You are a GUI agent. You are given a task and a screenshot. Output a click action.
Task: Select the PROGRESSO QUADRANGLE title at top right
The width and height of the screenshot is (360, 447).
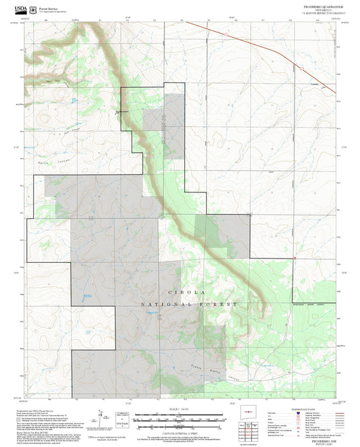pyautogui.click(x=317, y=5)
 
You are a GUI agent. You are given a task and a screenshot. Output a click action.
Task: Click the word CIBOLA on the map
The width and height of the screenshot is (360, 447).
pyautogui.click(x=180, y=292)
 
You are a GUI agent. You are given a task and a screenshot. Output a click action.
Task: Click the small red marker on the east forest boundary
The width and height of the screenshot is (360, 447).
pyautogui.click(x=295, y=257)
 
